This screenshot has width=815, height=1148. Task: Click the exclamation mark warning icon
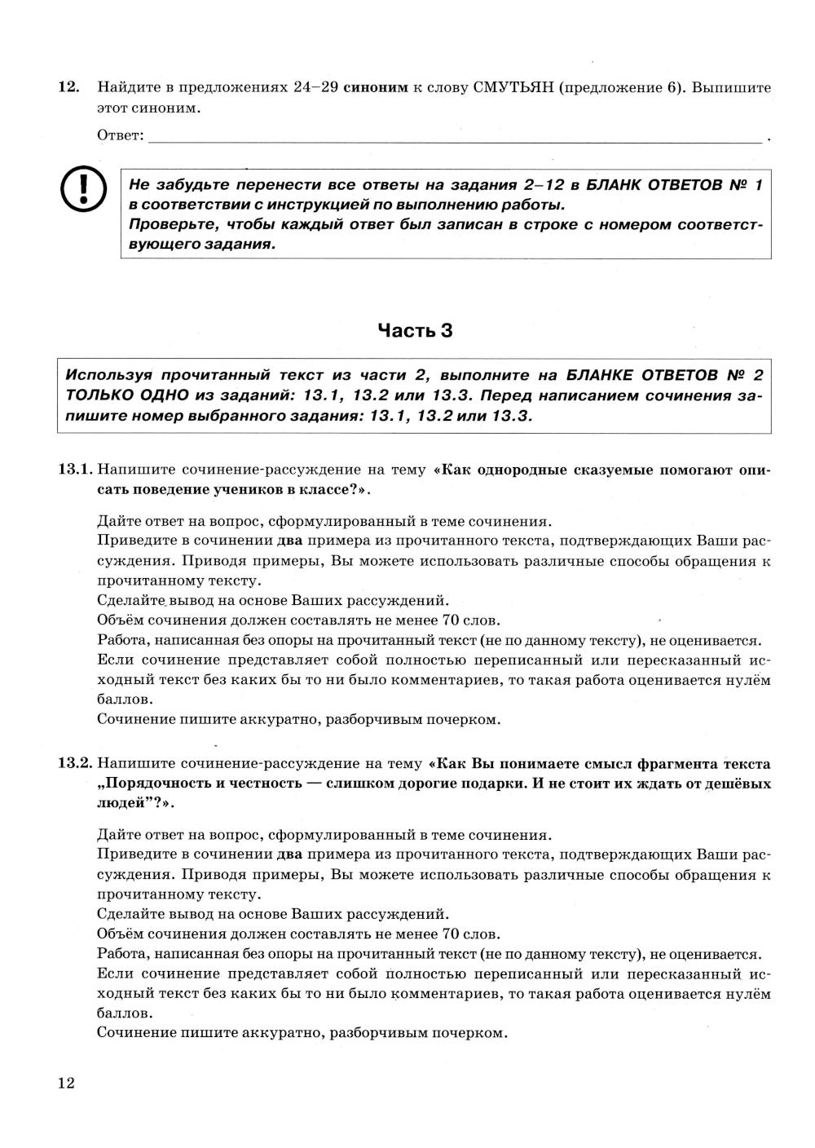(84, 188)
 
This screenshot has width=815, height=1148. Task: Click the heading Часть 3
(415, 330)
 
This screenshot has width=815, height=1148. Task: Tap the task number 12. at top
(68, 87)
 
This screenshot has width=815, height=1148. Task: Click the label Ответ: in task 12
(120, 135)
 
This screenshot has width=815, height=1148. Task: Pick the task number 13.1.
(75, 470)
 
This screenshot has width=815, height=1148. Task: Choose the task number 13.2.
(75, 764)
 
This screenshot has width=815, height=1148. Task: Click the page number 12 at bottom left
(66, 1083)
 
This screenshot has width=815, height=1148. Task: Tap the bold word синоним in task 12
(375, 88)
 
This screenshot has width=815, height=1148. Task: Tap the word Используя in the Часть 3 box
(108, 376)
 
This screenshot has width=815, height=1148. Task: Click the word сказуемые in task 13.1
(611, 470)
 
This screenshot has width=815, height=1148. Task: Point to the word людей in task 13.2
(116, 803)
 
